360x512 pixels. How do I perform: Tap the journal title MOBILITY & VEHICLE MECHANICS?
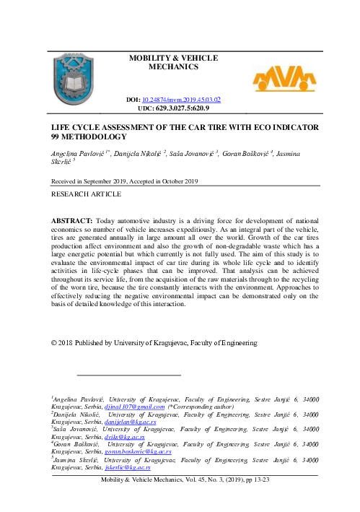(172, 62)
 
